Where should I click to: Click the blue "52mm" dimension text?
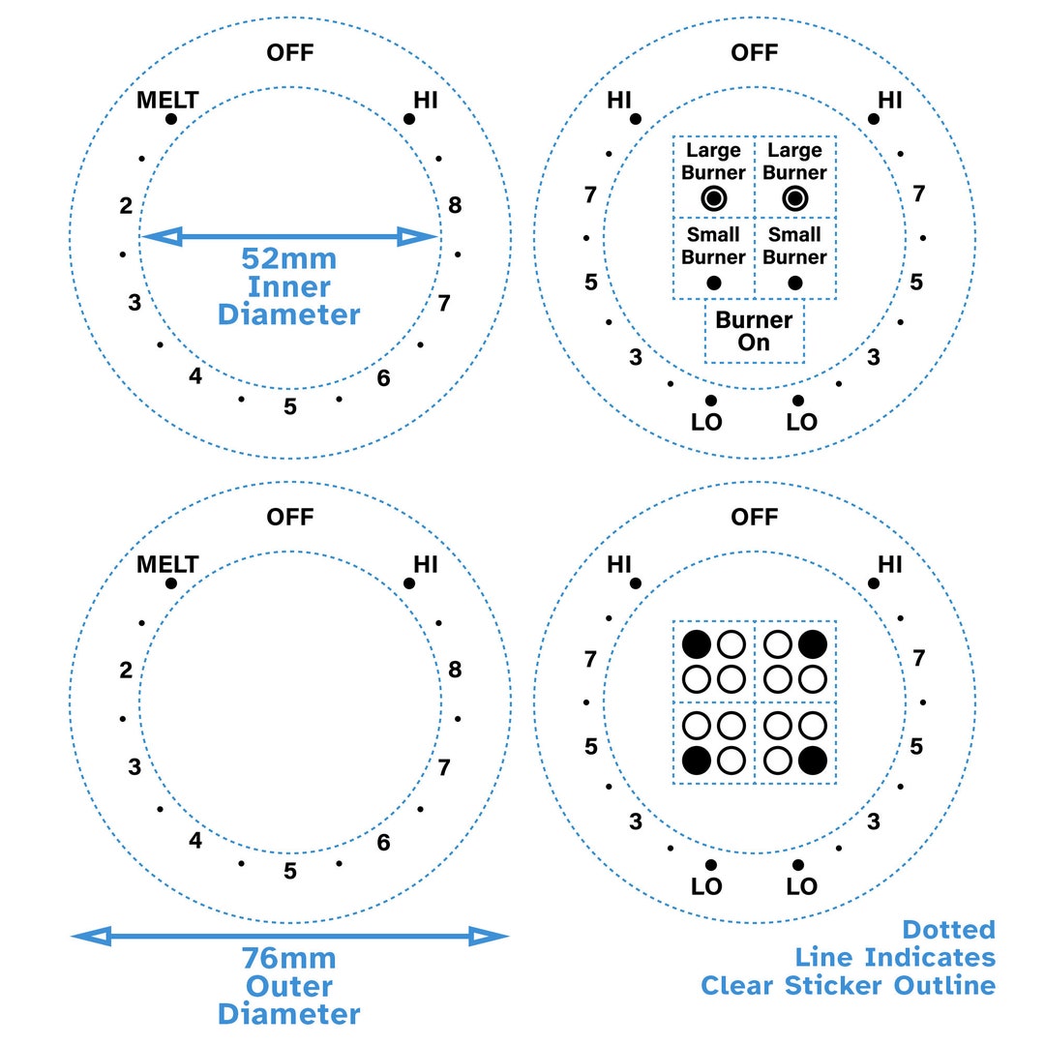(x=289, y=259)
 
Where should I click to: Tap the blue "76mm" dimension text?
(x=289, y=959)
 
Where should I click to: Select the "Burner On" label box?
(x=754, y=331)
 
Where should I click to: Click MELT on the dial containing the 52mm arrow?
(x=167, y=100)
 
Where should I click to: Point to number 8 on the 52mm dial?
(x=455, y=205)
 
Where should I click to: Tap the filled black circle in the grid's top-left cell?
(x=696, y=642)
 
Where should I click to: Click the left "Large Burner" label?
(x=713, y=162)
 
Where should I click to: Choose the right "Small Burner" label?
(x=794, y=246)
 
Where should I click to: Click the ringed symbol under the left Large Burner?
(x=713, y=198)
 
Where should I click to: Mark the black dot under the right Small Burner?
(x=795, y=283)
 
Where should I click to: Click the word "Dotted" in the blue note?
(x=948, y=930)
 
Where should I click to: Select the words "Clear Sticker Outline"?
(x=848, y=985)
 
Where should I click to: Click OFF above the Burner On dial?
(x=754, y=52)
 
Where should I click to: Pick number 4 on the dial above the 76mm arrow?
(x=195, y=841)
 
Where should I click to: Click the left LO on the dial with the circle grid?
(x=706, y=886)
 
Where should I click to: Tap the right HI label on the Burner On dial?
(x=889, y=100)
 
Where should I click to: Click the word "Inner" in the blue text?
(x=289, y=286)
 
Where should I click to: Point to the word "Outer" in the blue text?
(x=289, y=986)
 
